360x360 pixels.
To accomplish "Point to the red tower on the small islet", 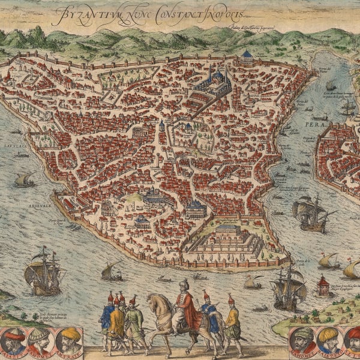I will (x=324, y=285).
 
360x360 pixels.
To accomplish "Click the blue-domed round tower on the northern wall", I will (x=245, y=58).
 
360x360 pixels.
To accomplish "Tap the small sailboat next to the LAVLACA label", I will (x=25, y=179).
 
